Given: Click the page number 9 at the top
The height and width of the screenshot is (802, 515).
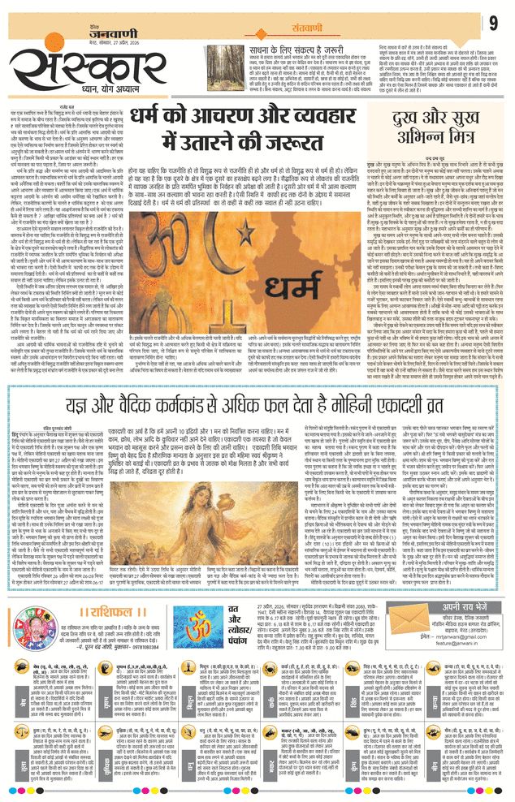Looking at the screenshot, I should click(x=493, y=24).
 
